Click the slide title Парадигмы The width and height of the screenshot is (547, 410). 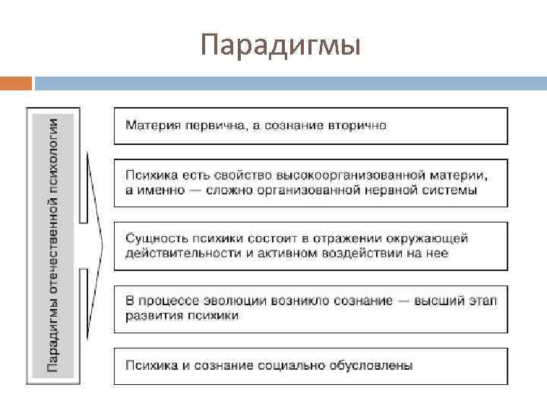280,46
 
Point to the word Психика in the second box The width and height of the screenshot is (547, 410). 149,175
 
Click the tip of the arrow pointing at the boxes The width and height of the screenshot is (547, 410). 103,246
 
